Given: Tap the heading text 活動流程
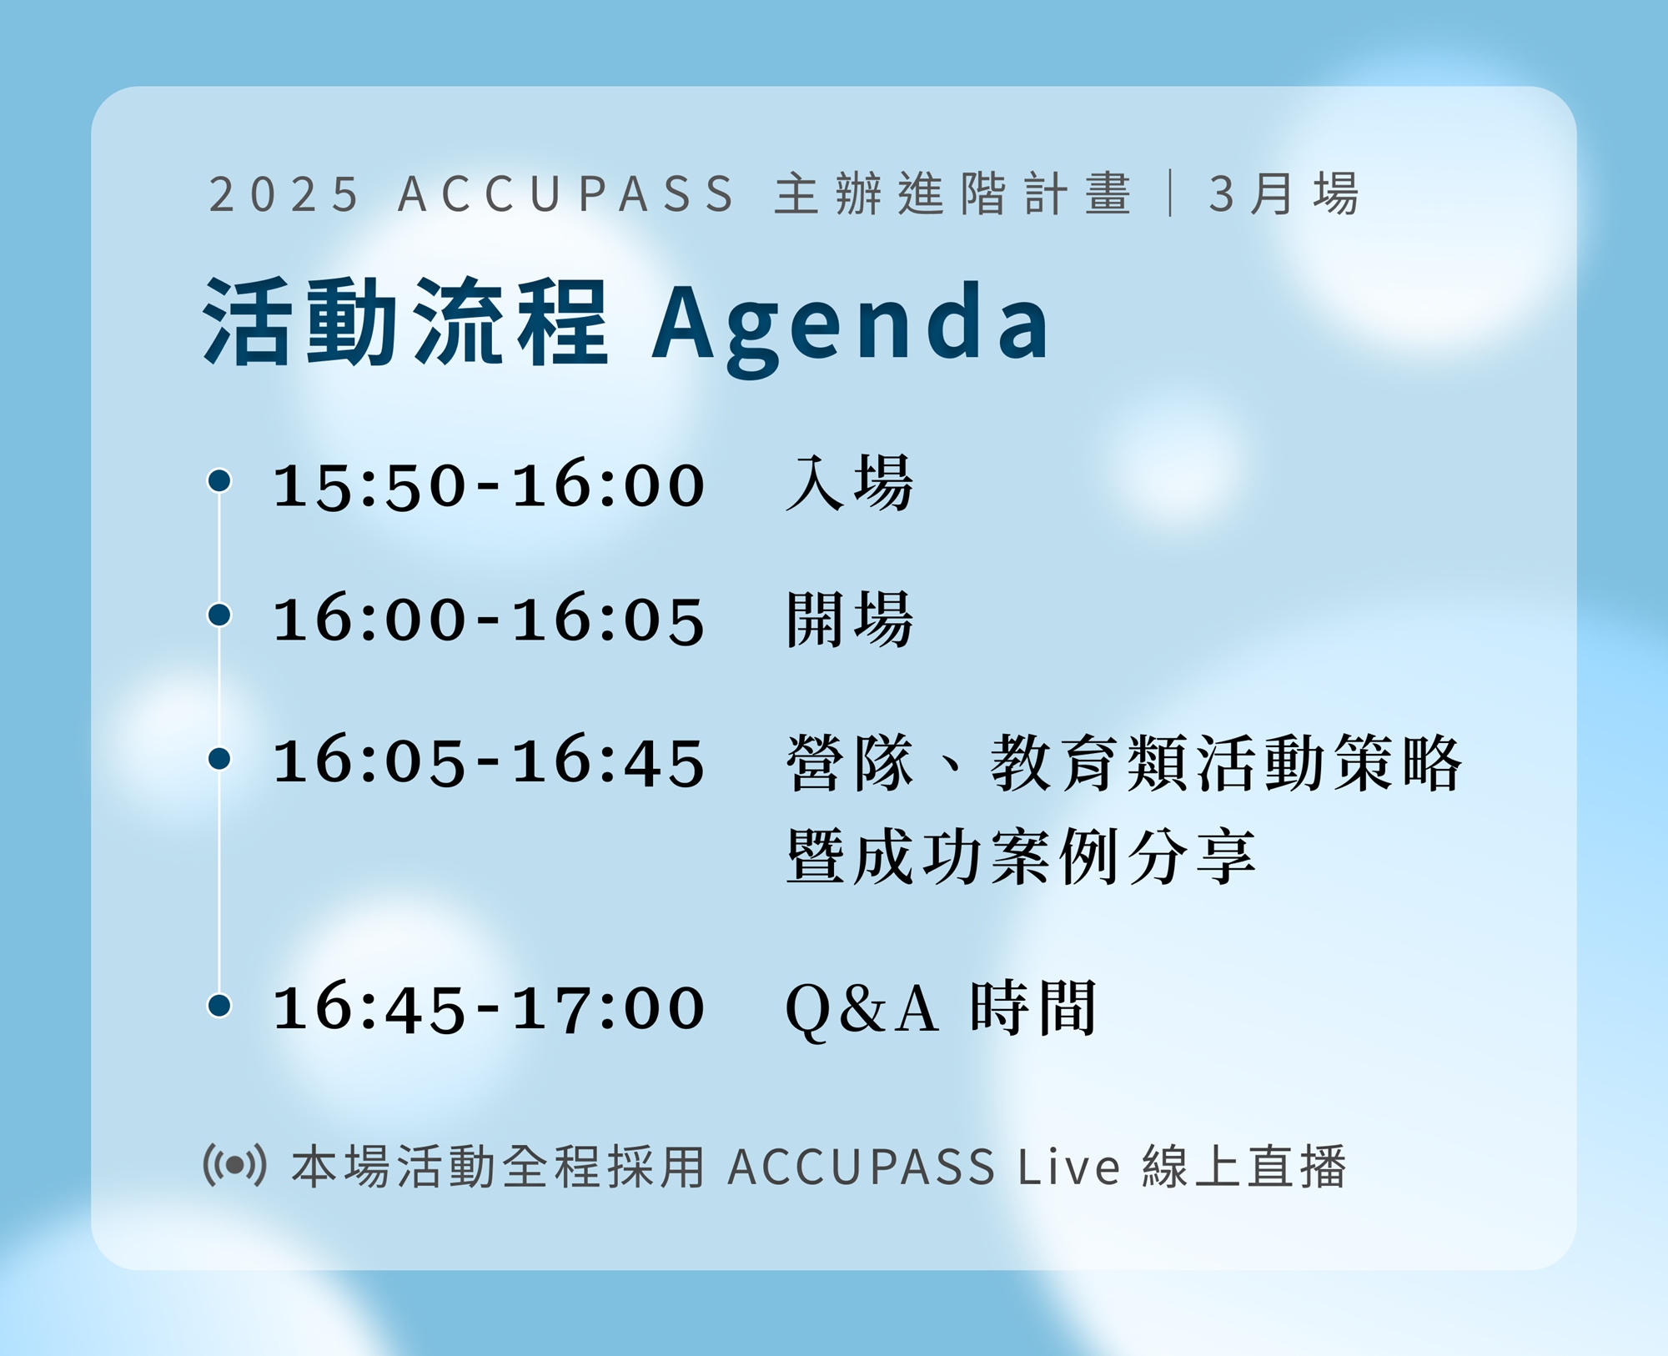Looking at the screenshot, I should click(x=406, y=322).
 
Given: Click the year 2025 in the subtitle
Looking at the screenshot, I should click(x=284, y=194).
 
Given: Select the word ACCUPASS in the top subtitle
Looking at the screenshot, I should click(x=567, y=194).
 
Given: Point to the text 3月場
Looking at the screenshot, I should click(x=1284, y=194).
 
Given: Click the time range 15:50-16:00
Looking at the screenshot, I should click(x=490, y=485).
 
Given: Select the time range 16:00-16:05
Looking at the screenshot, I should click(x=490, y=620).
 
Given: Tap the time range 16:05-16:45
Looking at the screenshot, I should click(x=490, y=762).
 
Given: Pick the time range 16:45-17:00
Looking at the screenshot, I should click(x=490, y=1008).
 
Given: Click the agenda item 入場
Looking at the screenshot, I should click(x=850, y=484).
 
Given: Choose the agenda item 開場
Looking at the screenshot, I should click(x=850, y=619).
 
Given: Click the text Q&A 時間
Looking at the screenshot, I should click(x=941, y=1008).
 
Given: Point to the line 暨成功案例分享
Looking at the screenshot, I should click(x=1021, y=856).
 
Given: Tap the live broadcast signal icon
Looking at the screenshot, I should click(x=235, y=1165).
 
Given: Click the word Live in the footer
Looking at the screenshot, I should click(x=1069, y=1166).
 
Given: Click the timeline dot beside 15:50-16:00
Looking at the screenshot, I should click(x=219, y=480).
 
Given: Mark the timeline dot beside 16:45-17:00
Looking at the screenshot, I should click(x=219, y=1005).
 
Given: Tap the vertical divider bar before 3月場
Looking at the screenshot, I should click(x=1172, y=193).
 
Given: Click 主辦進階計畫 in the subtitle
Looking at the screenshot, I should click(x=953, y=194).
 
